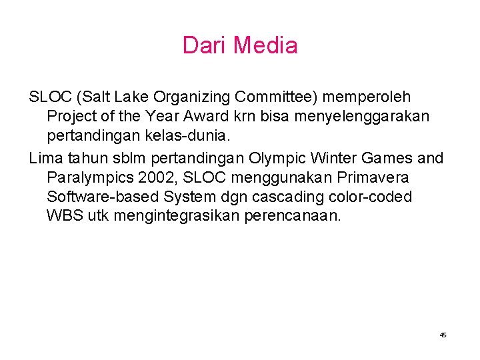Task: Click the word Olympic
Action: click(275, 158)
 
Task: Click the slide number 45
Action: click(443, 335)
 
